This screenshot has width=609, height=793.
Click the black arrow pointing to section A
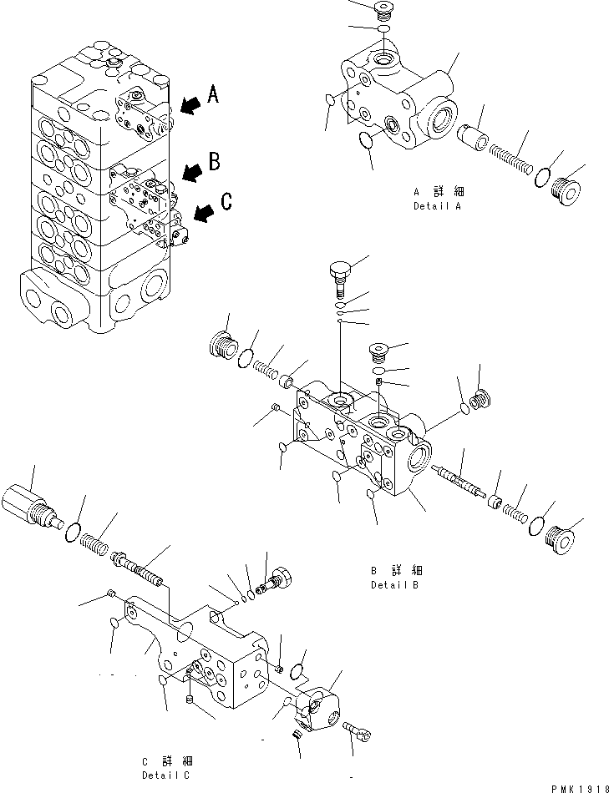(x=190, y=104)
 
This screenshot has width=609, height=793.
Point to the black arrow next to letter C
(x=202, y=215)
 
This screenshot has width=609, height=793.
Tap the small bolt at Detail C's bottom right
(x=357, y=732)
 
